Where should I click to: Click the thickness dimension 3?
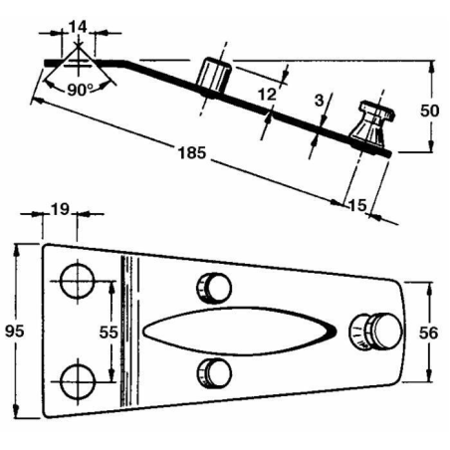click(x=318, y=100)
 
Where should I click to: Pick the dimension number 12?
click(x=265, y=94)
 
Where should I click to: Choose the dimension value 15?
click(x=357, y=204)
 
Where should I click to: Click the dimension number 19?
click(x=59, y=210)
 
